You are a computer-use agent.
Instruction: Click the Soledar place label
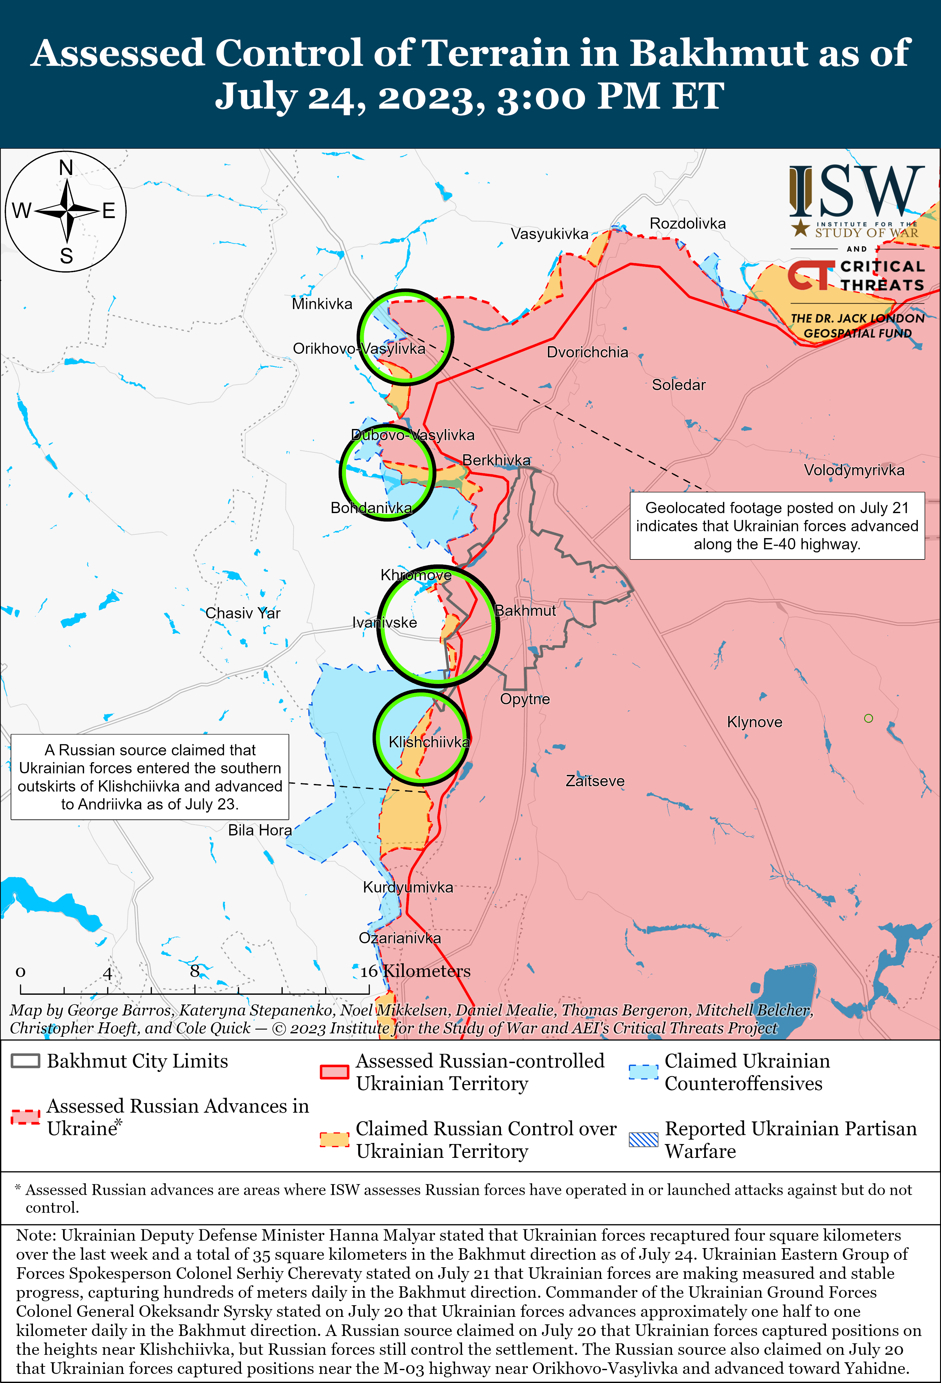(x=678, y=385)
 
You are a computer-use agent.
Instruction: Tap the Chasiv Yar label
(x=243, y=613)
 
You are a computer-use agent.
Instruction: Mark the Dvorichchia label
(x=587, y=352)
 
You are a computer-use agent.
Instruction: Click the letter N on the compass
(x=66, y=168)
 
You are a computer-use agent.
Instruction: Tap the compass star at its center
(x=67, y=211)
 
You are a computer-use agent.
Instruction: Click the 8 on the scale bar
(x=194, y=971)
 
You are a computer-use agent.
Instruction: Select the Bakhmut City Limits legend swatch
(x=26, y=1061)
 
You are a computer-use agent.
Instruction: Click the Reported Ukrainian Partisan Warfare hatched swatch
(x=643, y=1139)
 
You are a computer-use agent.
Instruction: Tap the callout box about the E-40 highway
(x=777, y=526)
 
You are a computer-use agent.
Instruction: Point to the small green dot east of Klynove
(x=869, y=718)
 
